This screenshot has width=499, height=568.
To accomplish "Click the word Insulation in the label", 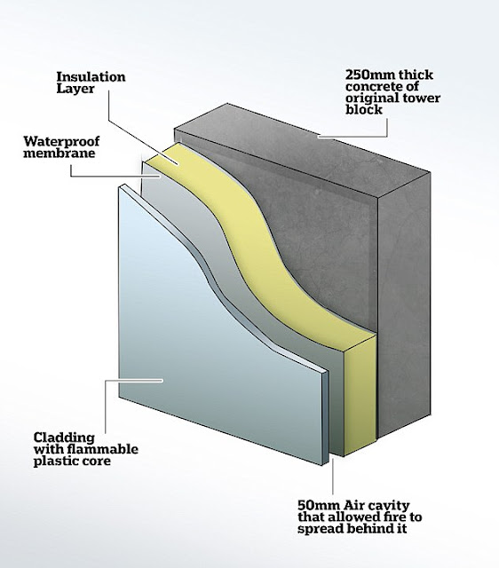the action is pos(91,77).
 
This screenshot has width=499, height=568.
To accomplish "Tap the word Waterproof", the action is pos(61,140).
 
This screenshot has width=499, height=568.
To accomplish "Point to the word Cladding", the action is pos(64,438).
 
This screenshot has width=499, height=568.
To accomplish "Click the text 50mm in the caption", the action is pos(319,505).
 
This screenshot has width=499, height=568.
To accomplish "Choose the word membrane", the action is pos(59,153).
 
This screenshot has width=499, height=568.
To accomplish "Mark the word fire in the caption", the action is pos(394,517).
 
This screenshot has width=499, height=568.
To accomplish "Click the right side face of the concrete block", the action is pos(404,308).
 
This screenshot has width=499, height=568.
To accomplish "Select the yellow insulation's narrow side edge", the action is pos(360,395).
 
